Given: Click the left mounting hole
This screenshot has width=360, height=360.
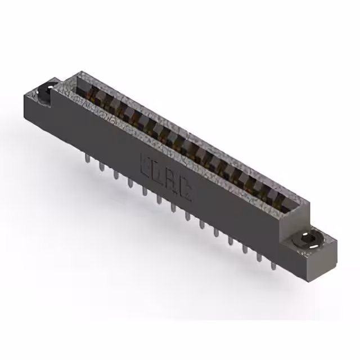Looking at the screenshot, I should tap(44, 90).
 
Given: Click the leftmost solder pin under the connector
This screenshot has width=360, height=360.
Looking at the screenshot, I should tap(87, 160).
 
